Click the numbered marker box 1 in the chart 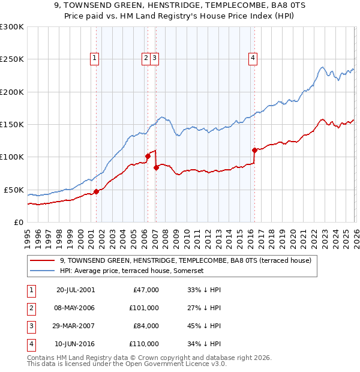(x=95, y=58)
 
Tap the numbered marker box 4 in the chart (x=253, y=58)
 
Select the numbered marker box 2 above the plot (x=146, y=58)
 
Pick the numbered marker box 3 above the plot (x=155, y=58)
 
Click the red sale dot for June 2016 (x=254, y=150)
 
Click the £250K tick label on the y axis (x=11, y=59)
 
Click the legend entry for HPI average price (x=131, y=271)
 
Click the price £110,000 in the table (x=143, y=344)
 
